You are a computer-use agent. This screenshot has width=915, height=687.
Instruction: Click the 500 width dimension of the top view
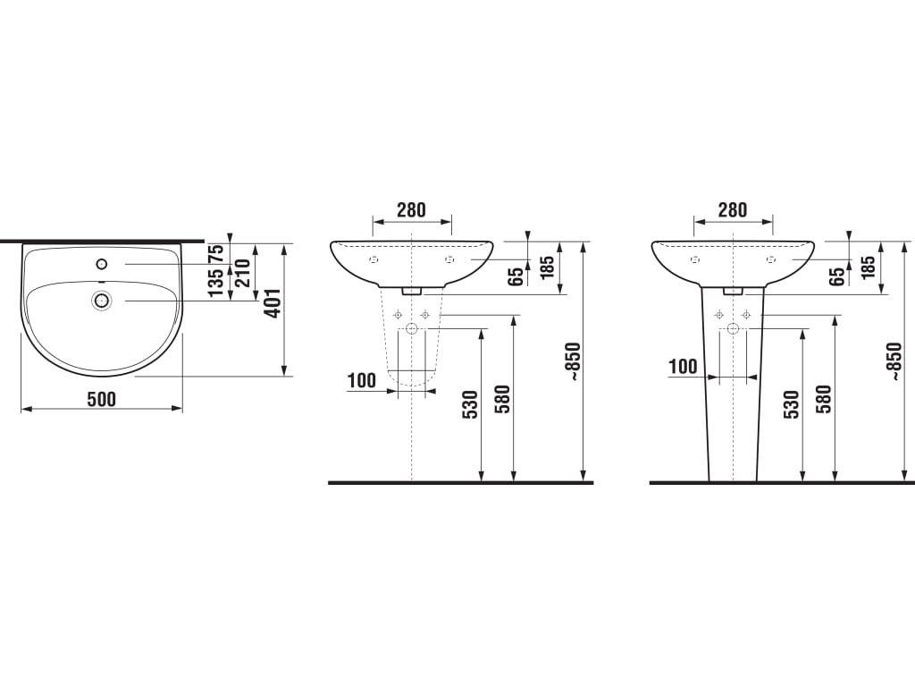pyautogui.click(x=102, y=400)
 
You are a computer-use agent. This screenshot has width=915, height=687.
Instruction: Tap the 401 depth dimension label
pyautogui.click(x=273, y=304)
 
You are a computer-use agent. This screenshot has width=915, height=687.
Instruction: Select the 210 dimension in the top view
pyautogui.click(x=243, y=273)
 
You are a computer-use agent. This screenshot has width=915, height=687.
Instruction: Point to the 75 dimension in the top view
pyautogui.click(x=216, y=253)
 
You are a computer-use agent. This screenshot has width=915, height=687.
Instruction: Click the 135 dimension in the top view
pyautogui.click(x=216, y=283)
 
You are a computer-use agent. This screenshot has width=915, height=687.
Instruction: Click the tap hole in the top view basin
pyautogui.click(x=102, y=264)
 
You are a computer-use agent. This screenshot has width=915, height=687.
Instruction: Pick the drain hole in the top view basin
pyautogui.click(x=102, y=301)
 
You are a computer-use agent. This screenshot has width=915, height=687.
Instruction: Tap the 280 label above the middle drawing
pyautogui.click(x=411, y=209)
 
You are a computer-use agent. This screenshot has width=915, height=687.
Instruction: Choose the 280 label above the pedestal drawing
pyautogui.click(x=733, y=209)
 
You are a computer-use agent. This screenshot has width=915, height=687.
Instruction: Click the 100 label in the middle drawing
pyautogui.click(x=362, y=381)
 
